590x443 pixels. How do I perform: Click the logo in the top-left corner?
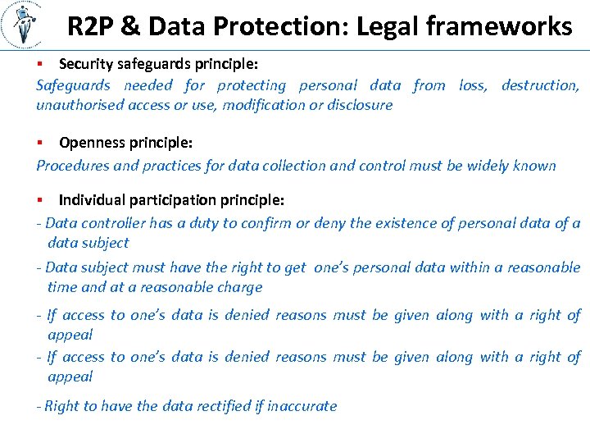(x=25, y=25)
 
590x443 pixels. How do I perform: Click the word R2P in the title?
(x=91, y=27)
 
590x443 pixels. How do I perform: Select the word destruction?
(x=540, y=85)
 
